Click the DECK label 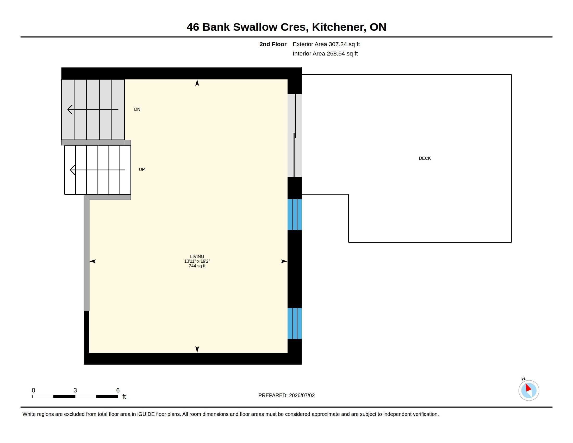pyautogui.click(x=425, y=158)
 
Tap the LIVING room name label pyautogui.click(x=197, y=256)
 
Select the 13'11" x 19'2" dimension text pyautogui.click(x=197, y=261)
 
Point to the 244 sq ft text pyautogui.click(x=197, y=266)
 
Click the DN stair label pyautogui.click(x=137, y=109)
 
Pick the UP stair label pyautogui.click(x=142, y=170)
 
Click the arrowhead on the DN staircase pyautogui.click(x=70, y=109)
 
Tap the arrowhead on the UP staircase pyautogui.click(x=72, y=170)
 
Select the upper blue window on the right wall pyautogui.click(x=295, y=215)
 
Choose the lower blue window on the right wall pyautogui.click(x=295, y=323)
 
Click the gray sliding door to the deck pyautogui.click(x=295, y=136)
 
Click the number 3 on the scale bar pyautogui.click(x=75, y=390)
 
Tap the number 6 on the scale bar pyautogui.click(x=118, y=390)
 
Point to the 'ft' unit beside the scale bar pyautogui.click(x=124, y=397)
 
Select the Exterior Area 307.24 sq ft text pyautogui.click(x=326, y=44)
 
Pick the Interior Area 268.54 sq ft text pyautogui.click(x=325, y=53)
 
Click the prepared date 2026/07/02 pyautogui.click(x=302, y=395)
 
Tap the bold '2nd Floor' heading pyautogui.click(x=273, y=44)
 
